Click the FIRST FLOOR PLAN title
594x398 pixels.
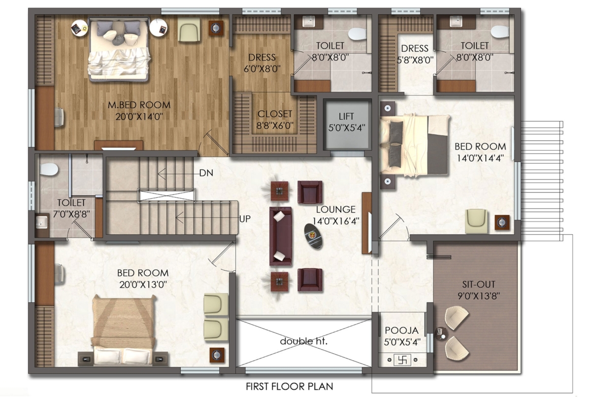click(289, 386)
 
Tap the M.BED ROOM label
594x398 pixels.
click(139, 105)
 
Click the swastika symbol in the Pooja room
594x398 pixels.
click(402, 359)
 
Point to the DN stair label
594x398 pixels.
click(206, 173)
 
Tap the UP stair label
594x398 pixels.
click(245, 219)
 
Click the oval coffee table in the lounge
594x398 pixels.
click(314, 236)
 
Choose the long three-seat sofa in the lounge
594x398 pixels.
click(281, 236)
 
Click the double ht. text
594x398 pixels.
click(303, 341)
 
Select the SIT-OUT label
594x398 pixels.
click(478, 284)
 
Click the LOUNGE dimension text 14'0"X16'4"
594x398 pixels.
click(336, 221)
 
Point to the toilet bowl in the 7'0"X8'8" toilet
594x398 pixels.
click(49, 169)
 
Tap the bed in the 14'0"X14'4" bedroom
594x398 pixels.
click(415, 146)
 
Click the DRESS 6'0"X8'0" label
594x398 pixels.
click(262, 63)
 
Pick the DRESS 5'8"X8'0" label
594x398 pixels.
click(415, 54)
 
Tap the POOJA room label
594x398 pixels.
click(402, 330)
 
